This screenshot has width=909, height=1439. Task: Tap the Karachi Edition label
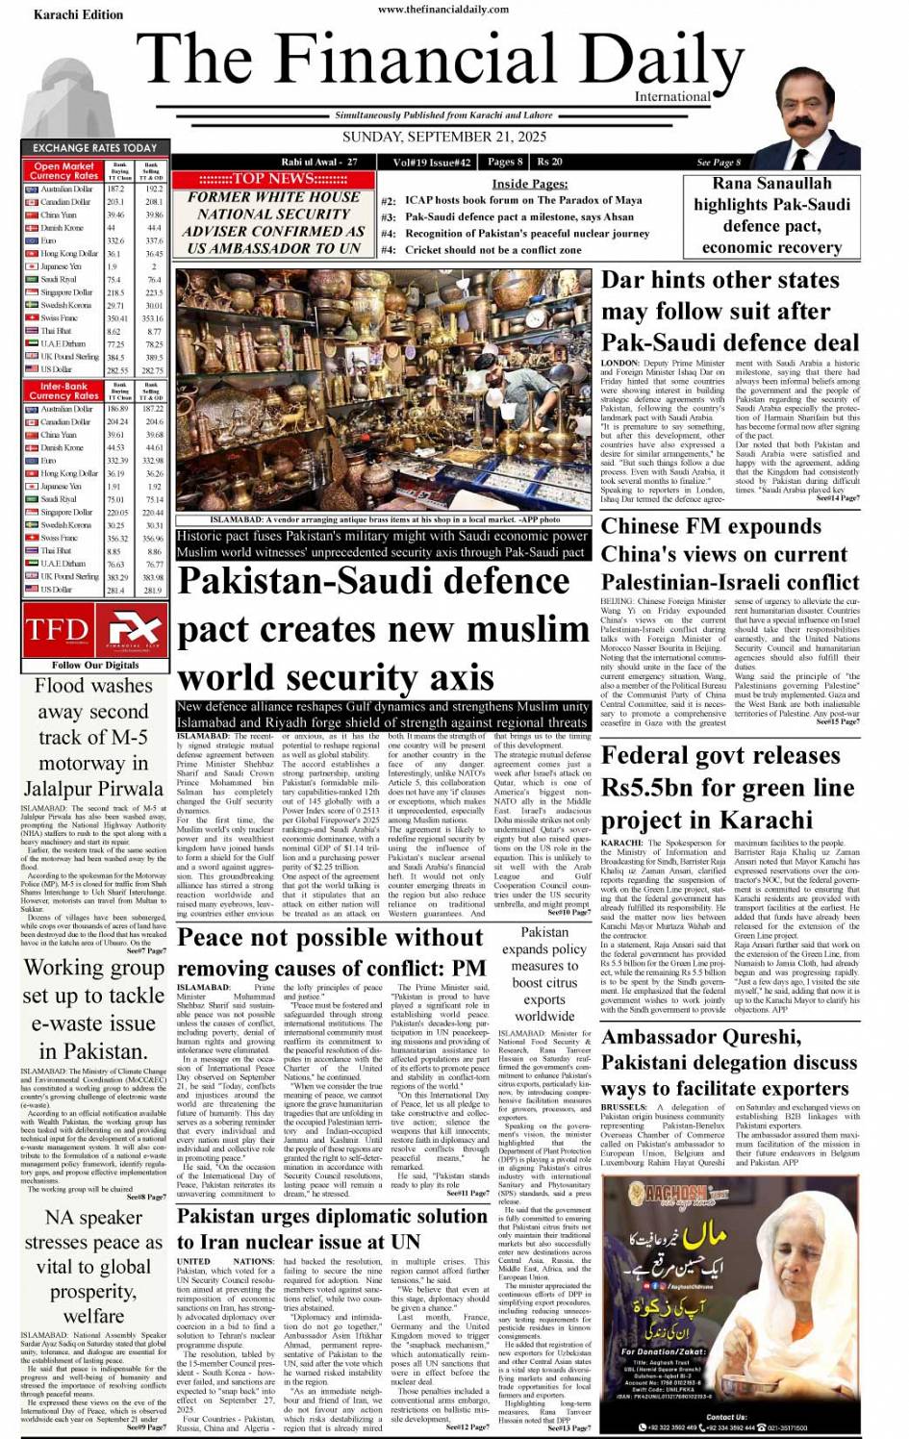78,14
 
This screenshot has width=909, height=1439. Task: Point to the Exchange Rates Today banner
94,147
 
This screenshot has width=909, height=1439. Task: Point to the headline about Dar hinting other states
729,311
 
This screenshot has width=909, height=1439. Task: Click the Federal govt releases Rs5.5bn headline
727,787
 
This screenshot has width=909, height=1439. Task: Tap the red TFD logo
57,630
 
